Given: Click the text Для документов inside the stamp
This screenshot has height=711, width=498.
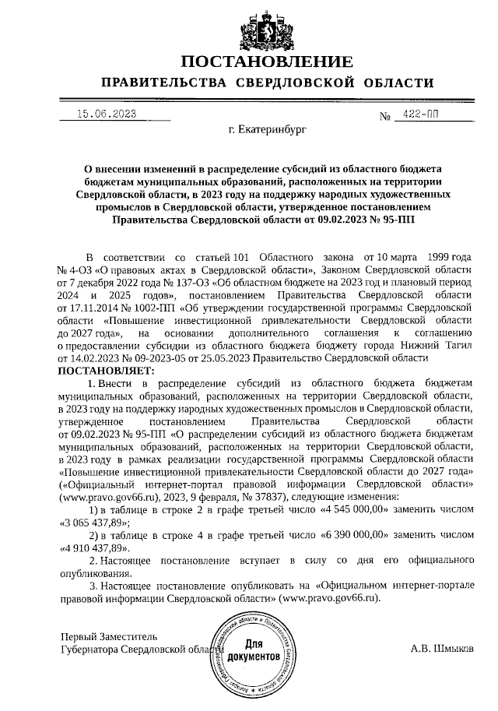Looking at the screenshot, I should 257,651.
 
